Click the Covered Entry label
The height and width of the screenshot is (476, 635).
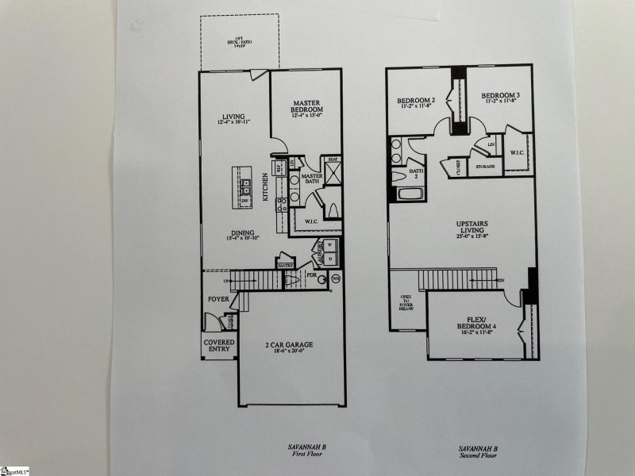(219, 347)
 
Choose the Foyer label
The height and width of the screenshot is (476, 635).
(219, 300)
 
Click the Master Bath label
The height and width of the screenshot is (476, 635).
(310, 178)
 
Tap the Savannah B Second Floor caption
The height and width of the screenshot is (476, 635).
(478, 451)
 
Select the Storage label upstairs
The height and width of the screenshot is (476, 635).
(486, 167)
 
